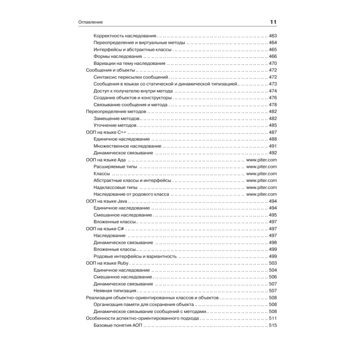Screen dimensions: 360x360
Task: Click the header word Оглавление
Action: (91, 22)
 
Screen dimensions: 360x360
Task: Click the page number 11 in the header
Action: (273, 22)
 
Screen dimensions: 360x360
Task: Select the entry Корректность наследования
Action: (125, 36)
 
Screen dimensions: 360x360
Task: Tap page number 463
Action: (273, 36)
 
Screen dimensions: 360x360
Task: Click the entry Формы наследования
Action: (117, 57)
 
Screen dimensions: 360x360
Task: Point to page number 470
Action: (273, 63)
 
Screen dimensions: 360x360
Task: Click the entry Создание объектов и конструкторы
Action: (132, 98)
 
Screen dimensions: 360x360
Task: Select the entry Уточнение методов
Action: (115, 125)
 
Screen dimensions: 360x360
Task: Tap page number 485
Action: (273, 125)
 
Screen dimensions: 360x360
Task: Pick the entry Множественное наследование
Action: (127, 146)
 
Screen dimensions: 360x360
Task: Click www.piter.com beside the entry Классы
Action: (261, 174)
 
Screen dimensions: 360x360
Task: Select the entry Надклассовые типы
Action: (115, 187)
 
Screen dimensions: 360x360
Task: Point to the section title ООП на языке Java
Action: (107, 201)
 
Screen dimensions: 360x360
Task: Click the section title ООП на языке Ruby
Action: (108, 263)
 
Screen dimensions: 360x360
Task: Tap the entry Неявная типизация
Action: (114, 291)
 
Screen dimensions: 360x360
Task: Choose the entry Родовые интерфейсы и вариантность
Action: (135, 256)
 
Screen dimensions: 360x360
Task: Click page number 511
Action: (273, 318)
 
